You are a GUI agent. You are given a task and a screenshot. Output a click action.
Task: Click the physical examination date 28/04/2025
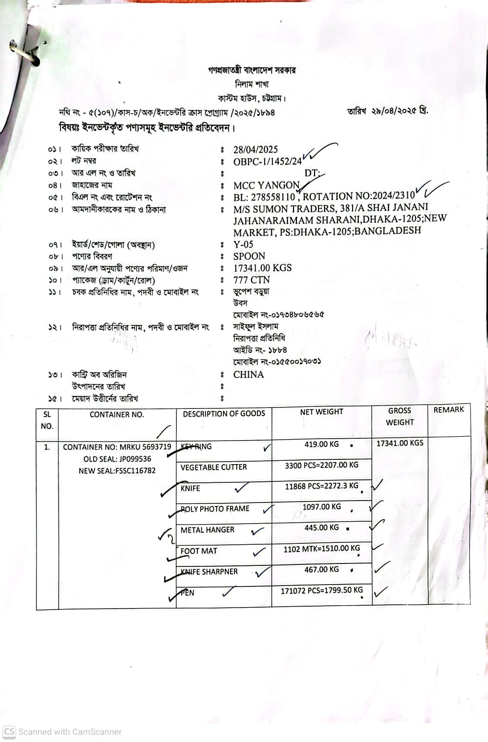click(x=256, y=150)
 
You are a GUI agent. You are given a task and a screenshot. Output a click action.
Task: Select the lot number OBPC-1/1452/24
click(x=268, y=162)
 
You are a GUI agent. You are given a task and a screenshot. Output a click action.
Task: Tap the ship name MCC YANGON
click(x=267, y=186)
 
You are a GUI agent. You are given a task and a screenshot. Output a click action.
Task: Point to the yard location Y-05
click(x=243, y=244)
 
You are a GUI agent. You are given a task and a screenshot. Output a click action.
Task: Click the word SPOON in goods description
click(x=249, y=256)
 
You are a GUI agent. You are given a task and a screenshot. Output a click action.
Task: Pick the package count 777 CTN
click(x=252, y=280)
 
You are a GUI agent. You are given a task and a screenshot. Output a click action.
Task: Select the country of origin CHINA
click(x=248, y=375)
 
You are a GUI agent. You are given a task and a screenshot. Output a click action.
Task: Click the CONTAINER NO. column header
click(x=117, y=415)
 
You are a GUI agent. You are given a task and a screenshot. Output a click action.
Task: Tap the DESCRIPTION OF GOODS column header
click(x=224, y=414)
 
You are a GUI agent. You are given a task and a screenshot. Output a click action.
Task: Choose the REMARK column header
click(x=449, y=410)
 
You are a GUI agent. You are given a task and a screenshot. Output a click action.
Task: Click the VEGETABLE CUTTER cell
click(x=214, y=467)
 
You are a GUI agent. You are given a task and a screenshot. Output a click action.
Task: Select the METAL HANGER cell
click(x=207, y=530)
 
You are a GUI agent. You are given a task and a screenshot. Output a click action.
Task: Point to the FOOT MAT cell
click(x=199, y=551)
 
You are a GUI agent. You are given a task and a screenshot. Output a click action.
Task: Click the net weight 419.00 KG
click(x=321, y=444)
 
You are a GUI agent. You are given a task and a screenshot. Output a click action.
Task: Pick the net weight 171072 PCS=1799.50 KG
click(x=322, y=590)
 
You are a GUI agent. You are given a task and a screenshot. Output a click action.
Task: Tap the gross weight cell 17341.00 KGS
click(x=400, y=443)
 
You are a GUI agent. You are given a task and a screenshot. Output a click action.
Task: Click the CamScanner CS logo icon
click(x=9, y=732)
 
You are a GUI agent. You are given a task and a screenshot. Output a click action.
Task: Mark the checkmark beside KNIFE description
click(x=241, y=489)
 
